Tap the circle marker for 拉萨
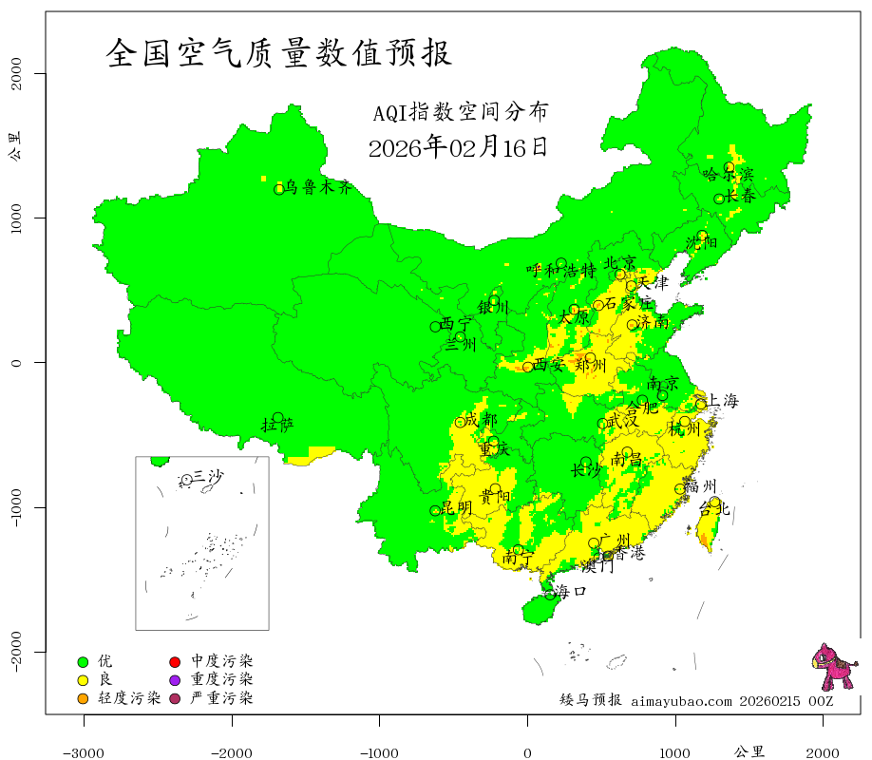click(x=277, y=418)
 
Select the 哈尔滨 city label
click(x=727, y=175)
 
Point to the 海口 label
click(x=571, y=592)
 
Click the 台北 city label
click(x=713, y=509)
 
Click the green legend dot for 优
click(x=83, y=661)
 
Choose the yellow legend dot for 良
click(x=83, y=680)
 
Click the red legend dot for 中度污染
click(x=175, y=661)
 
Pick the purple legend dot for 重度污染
click(x=175, y=680)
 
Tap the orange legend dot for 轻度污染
click(x=83, y=699)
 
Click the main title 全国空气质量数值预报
click(x=279, y=53)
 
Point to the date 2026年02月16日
click(x=458, y=147)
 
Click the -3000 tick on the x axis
click(x=84, y=752)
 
